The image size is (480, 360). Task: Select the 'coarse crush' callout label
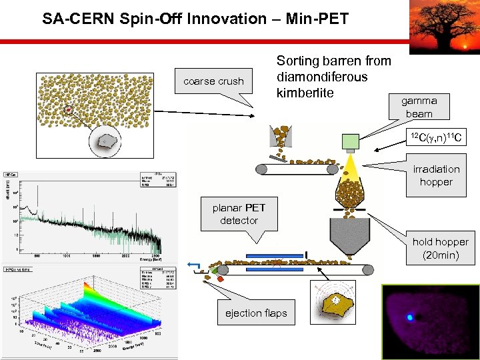pyautogui.click(x=213, y=81)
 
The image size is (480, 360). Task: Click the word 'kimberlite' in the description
pyautogui.click(x=305, y=92)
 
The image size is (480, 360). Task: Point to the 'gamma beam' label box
pyautogui.click(x=419, y=107)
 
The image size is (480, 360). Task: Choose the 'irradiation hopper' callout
pyautogui.click(x=436, y=175)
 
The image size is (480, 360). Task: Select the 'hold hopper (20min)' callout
pyautogui.click(x=440, y=248)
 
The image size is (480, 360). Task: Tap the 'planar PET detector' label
pyautogui.click(x=239, y=213)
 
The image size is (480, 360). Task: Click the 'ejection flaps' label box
pyautogui.click(x=256, y=313)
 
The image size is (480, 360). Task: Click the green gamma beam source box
pyautogui.click(x=351, y=141)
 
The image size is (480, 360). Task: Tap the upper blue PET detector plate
pyautogui.click(x=274, y=255)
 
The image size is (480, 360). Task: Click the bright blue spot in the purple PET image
pyautogui.click(x=410, y=317)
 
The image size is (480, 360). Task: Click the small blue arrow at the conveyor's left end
pyautogui.click(x=194, y=267)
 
